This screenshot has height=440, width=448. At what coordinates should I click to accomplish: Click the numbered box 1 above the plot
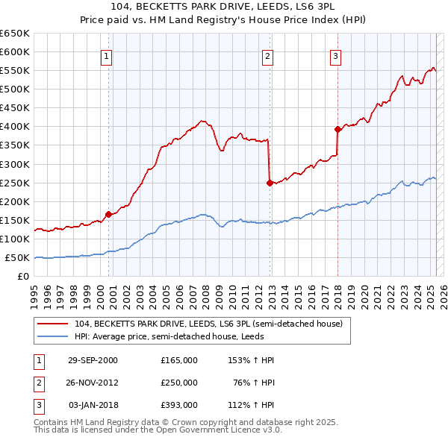pos(106,55)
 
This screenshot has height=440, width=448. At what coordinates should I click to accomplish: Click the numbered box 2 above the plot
pos(267,55)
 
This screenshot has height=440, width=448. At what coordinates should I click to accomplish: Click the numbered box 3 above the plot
pos(335,55)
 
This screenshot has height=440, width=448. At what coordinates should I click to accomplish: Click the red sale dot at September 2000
pos(108,214)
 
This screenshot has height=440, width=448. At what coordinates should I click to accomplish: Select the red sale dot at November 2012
pos(269,182)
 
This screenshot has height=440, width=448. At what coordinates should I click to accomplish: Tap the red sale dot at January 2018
pos(337,128)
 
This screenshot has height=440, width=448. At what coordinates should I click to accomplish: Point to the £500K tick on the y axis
pos(14,89)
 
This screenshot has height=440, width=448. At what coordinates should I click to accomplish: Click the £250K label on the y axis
pos(14,183)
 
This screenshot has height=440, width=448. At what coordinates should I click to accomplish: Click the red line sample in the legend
pos(53,324)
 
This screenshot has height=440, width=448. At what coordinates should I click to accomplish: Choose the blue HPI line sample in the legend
pos(53,336)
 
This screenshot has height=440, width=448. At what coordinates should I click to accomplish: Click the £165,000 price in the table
pos(178,359)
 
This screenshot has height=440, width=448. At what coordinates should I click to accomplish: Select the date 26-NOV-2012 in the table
pos(93,382)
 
